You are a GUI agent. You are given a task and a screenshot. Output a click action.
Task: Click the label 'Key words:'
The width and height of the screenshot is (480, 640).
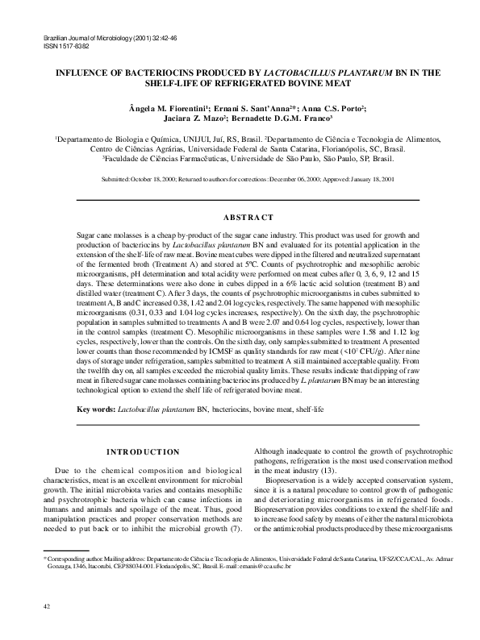pos(96,410)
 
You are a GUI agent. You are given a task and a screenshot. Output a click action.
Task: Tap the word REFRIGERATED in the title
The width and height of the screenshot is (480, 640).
pos(263,82)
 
